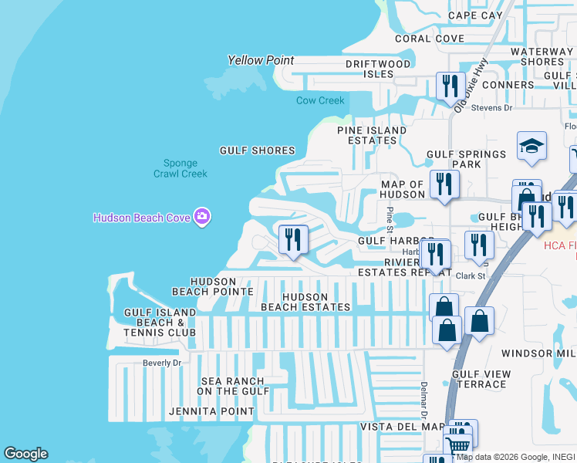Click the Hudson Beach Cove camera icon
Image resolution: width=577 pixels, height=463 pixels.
pos(202,217)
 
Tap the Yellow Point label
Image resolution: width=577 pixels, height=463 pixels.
pos(262,60)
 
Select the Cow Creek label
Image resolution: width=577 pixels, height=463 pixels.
pos(320,100)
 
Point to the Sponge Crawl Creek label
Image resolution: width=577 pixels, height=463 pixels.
pos(181,168)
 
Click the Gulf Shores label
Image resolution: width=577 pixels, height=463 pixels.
pos(257,150)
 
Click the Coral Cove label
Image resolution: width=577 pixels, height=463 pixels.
pos(430,39)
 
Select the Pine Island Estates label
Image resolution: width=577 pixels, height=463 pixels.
pos(372,135)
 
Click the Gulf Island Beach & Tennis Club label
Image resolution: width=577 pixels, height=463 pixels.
pos(160,322)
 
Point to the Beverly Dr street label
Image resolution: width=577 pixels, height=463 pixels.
pos(161,363)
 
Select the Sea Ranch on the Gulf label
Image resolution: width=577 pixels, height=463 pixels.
pos(232,386)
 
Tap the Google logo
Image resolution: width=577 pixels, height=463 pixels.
pos(25,454)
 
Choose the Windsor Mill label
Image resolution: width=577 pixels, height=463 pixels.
pos(538,353)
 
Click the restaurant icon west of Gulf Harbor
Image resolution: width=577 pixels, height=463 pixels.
pos(292,239)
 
